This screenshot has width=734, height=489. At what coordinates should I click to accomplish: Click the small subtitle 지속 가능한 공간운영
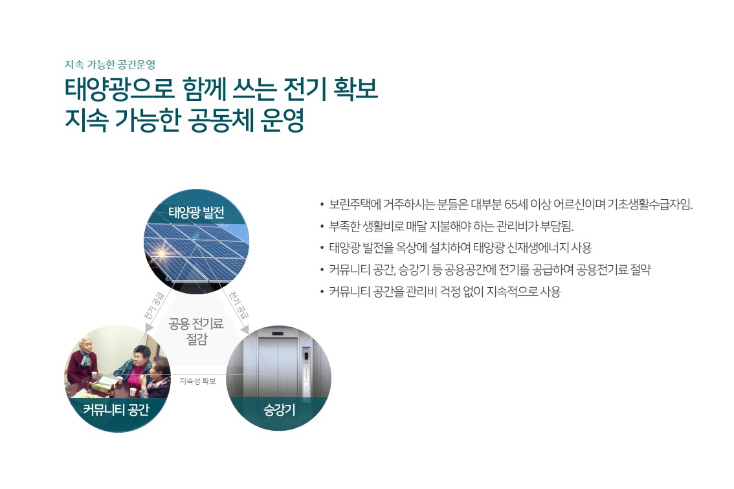(x=110, y=65)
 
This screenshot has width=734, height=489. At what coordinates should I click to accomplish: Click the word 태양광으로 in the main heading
(x=119, y=89)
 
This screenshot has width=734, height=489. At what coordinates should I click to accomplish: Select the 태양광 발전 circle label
(x=197, y=213)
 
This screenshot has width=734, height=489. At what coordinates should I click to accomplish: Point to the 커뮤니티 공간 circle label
(x=116, y=410)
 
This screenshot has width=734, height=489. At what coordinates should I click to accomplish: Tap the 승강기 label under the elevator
(x=280, y=410)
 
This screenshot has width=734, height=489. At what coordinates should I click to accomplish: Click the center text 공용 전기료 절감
(x=196, y=331)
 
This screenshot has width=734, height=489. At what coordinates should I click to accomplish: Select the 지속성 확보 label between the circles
(x=197, y=382)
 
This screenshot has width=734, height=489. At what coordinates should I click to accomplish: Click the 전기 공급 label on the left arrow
(x=155, y=305)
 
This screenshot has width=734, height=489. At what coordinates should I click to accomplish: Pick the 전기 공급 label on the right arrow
(x=239, y=305)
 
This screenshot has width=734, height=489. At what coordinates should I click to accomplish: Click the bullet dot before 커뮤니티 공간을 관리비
(x=322, y=292)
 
